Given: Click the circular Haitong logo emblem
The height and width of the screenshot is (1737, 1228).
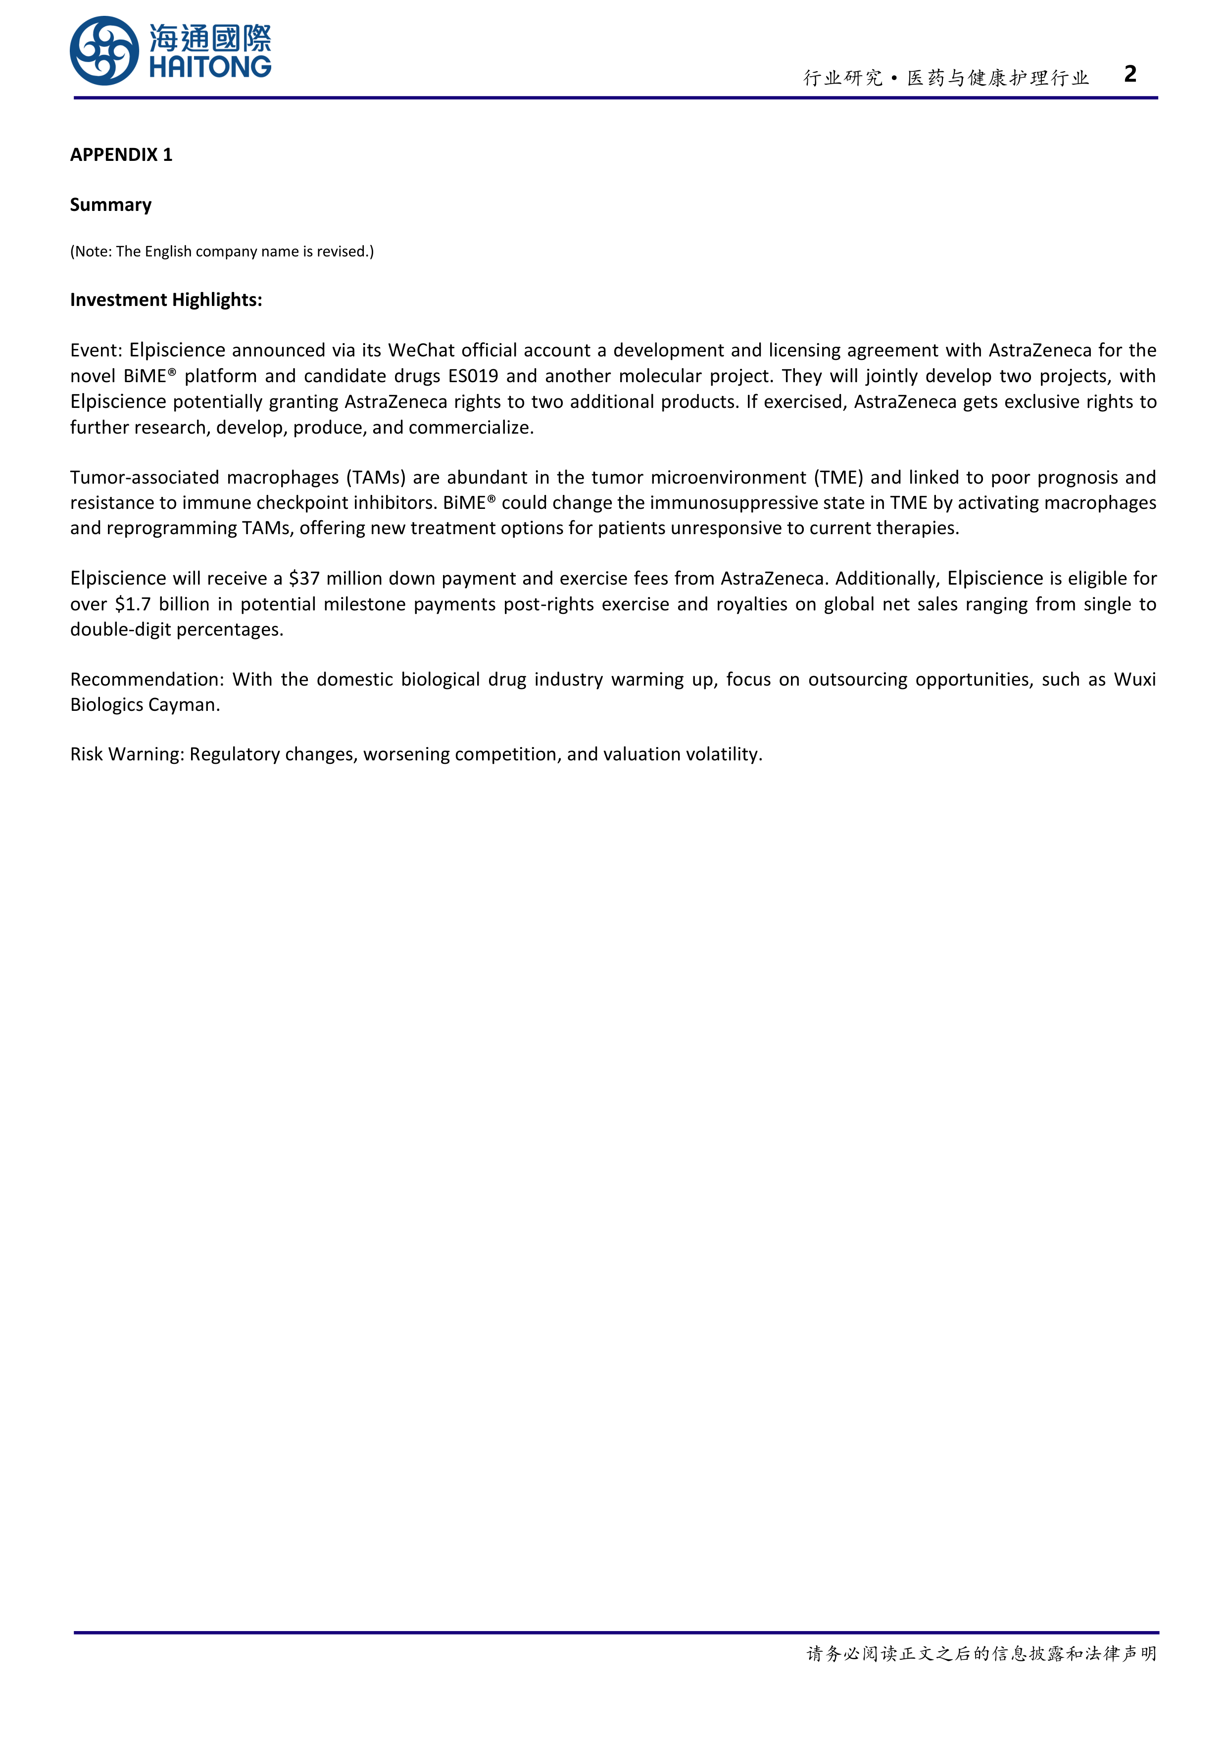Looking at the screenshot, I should point(104,50).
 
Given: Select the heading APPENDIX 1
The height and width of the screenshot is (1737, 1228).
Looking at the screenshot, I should point(121,154).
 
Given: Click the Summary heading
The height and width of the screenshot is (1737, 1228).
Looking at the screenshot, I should point(110,205).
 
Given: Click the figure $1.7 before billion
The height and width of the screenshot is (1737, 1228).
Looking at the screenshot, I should point(133,604).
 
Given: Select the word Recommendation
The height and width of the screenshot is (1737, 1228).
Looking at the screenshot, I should point(147,679).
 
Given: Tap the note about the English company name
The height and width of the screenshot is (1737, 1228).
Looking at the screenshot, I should point(222,251).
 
